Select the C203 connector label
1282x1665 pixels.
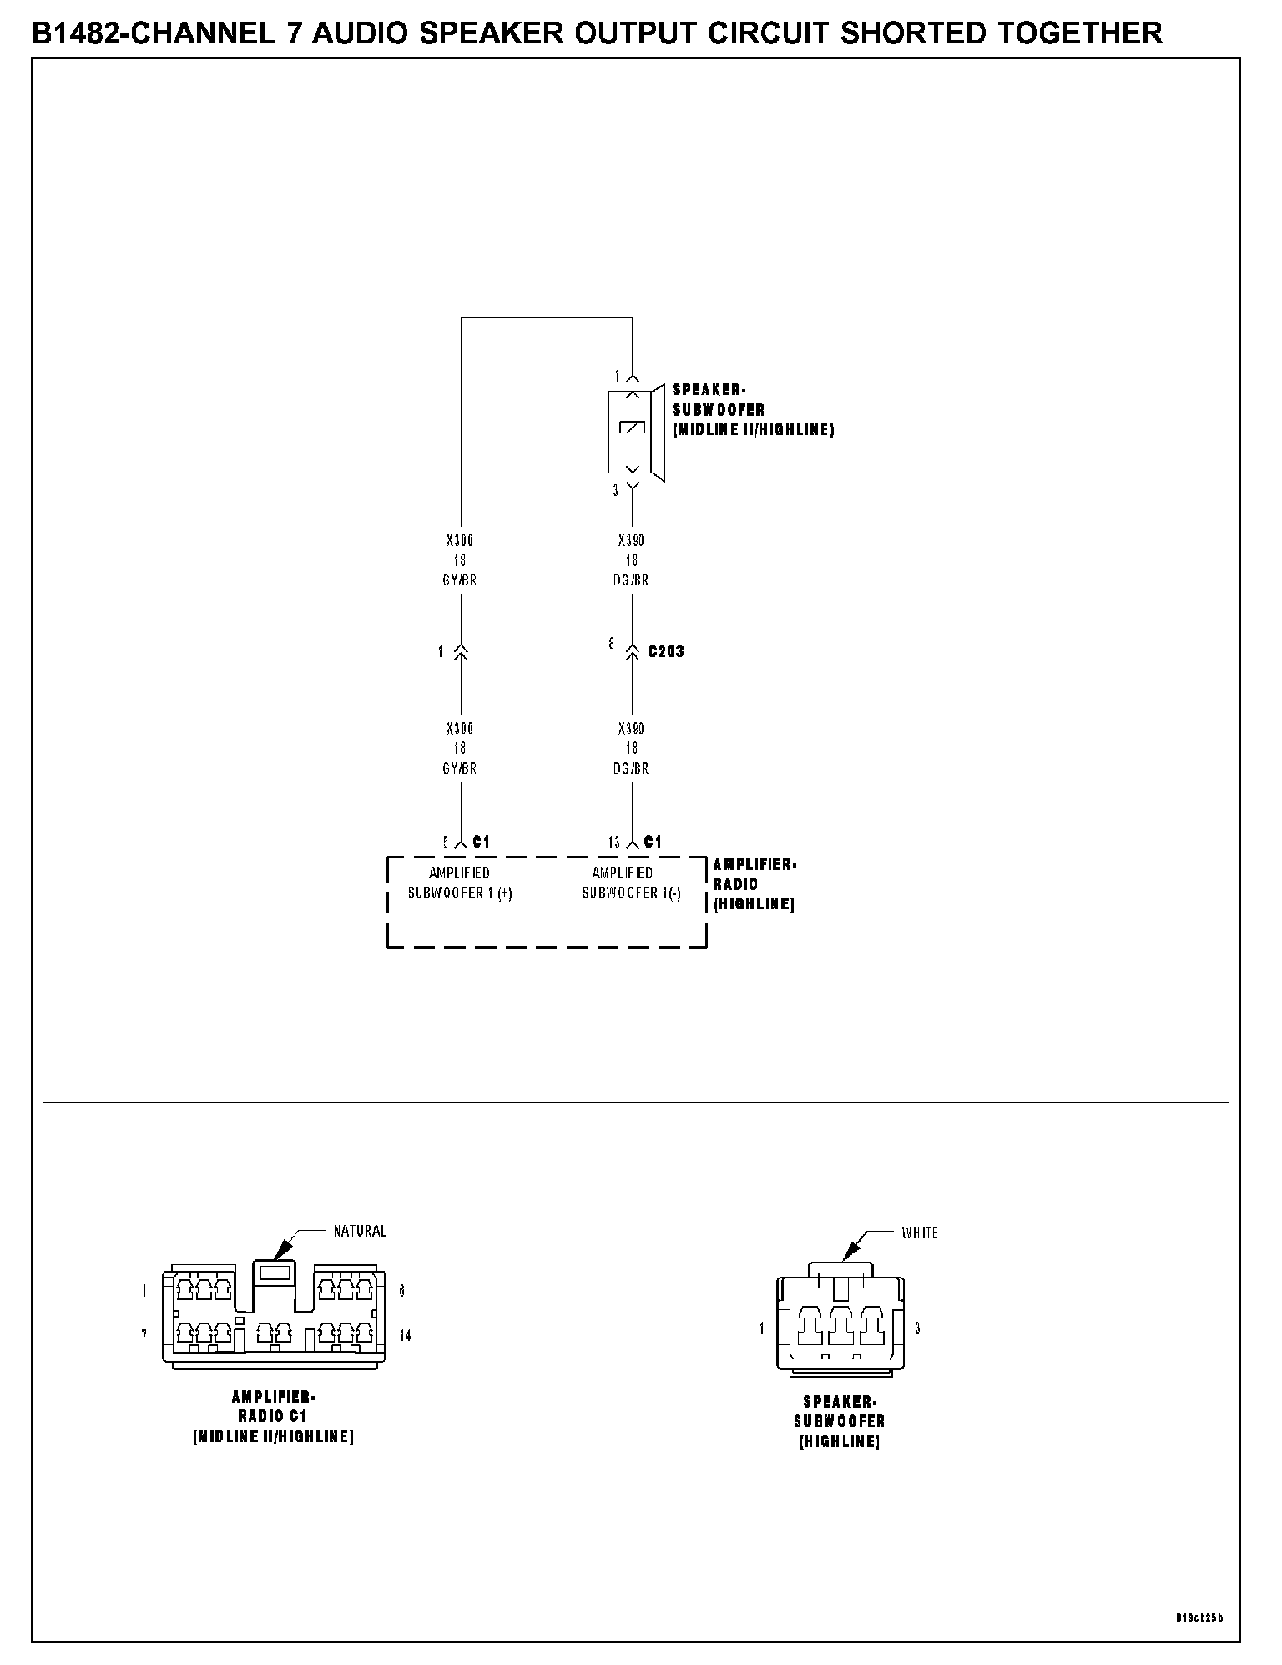[666, 651]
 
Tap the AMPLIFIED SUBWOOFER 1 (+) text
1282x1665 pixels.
[460, 883]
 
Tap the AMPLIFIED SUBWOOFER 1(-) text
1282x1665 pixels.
[631, 883]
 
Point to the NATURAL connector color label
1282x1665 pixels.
[360, 1231]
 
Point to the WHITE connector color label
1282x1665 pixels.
[920, 1232]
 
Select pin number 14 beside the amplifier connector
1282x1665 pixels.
[405, 1336]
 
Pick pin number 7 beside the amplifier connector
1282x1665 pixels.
[144, 1336]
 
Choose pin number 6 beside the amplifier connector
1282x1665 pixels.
[402, 1291]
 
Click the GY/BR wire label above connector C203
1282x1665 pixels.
[460, 580]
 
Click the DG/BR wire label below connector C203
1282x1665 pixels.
[632, 768]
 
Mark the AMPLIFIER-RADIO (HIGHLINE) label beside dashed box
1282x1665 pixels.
[755, 884]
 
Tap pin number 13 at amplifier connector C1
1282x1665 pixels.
[614, 843]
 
